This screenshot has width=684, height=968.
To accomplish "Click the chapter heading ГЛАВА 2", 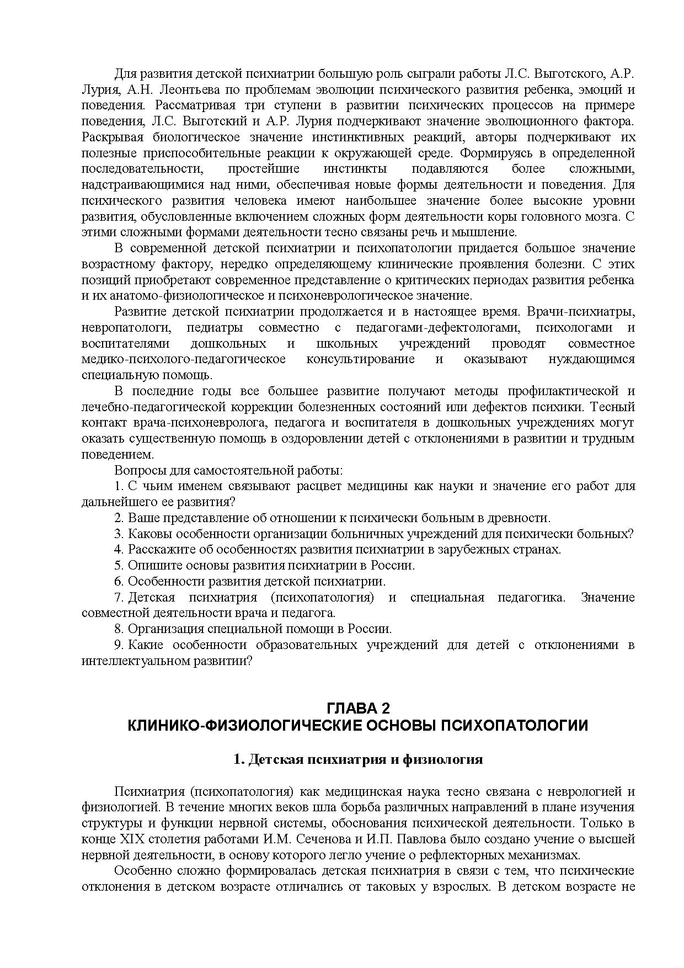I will (x=358, y=708).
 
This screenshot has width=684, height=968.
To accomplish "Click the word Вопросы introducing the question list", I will (x=138, y=471).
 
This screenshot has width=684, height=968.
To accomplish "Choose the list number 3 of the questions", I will (x=118, y=534).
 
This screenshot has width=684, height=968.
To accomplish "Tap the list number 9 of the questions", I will (x=118, y=645).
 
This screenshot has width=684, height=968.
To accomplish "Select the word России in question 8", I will (x=371, y=629).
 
